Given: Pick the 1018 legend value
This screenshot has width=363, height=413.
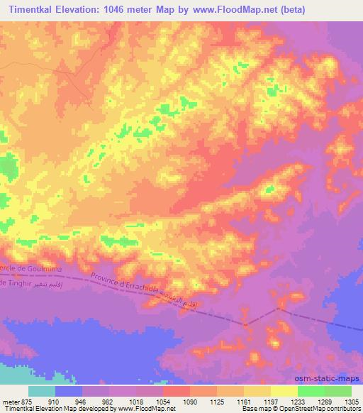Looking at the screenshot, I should [x=135, y=400].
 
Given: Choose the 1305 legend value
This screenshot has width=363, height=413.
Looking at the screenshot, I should [x=350, y=400].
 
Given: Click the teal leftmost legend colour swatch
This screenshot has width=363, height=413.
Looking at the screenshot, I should [x=42, y=391].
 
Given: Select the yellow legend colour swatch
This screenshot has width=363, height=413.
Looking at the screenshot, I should [x=284, y=391].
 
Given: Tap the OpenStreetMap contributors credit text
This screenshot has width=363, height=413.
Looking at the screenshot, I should [x=313, y=409].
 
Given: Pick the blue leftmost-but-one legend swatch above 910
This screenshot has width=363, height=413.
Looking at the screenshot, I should [x=69, y=391].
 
